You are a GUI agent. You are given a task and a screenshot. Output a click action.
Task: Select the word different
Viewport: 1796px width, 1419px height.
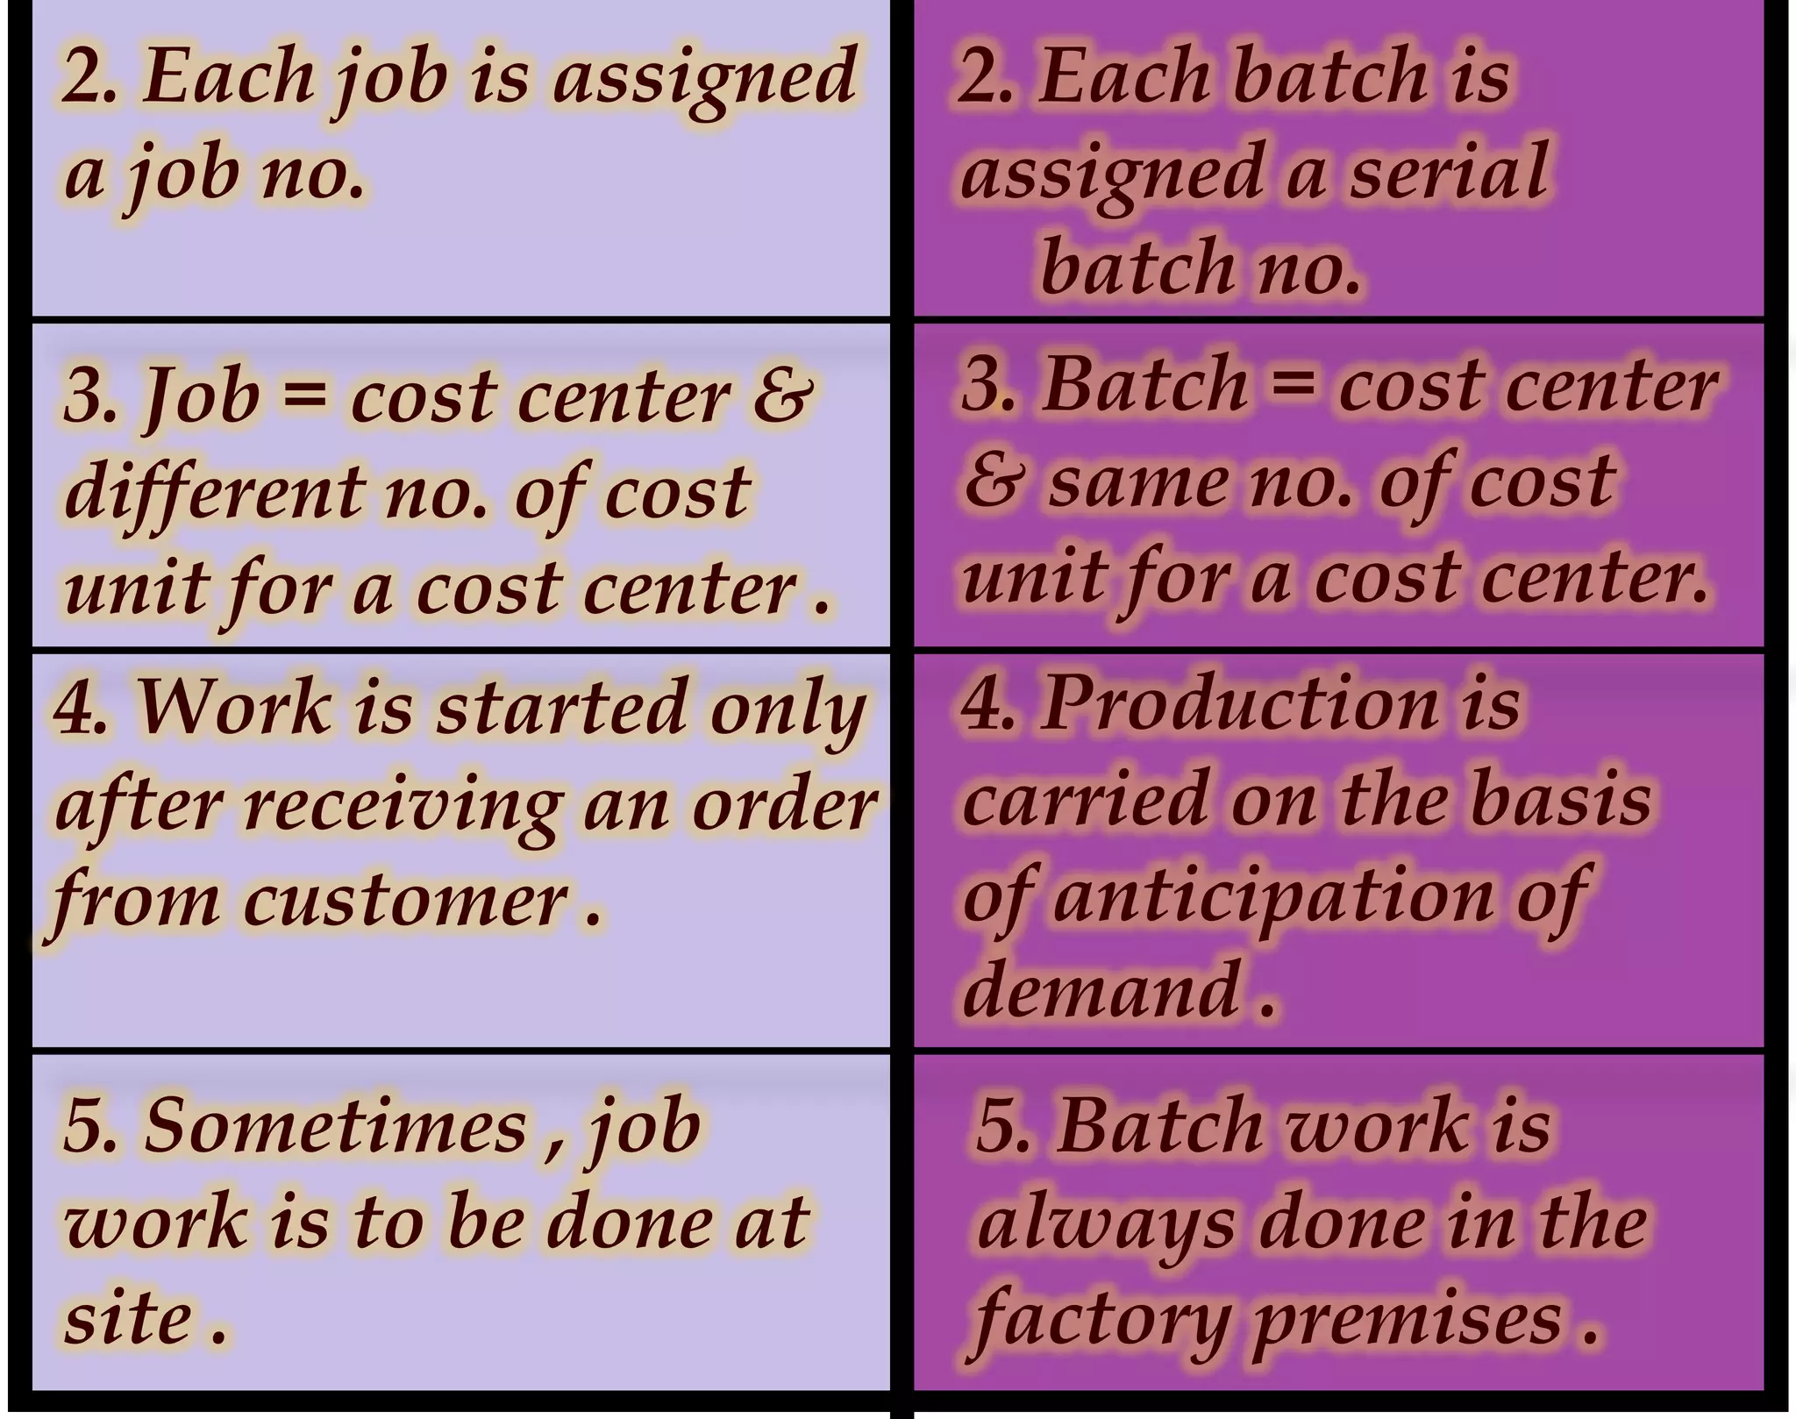(214, 491)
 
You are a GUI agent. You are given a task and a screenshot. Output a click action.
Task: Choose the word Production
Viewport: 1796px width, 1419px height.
(1239, 704)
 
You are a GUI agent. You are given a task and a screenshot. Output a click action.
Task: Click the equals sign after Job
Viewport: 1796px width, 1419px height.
(304, 392)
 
